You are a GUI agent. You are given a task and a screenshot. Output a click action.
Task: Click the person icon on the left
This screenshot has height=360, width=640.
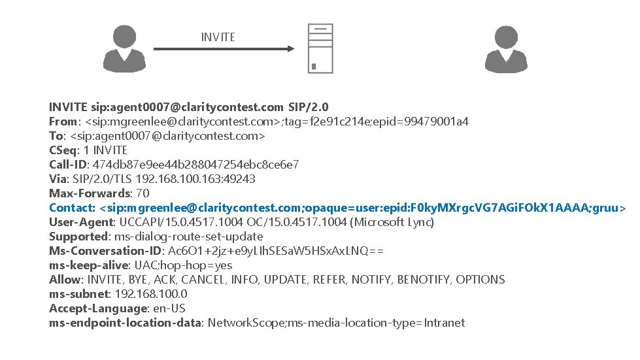tap(125, 48)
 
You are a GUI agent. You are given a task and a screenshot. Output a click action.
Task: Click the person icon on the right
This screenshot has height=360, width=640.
tap(505, 48)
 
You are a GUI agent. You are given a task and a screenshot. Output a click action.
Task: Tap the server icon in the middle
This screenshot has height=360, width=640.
tap(320, 48)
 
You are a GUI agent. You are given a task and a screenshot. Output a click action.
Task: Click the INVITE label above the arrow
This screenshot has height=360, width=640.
tap(218, 37)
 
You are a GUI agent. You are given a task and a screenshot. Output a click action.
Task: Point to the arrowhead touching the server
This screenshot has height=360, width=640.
tap(290, 48)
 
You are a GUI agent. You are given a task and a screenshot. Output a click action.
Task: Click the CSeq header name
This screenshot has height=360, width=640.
tap(63, 150)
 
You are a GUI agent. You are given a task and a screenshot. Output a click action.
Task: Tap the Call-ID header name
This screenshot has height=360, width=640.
tap(68, 165)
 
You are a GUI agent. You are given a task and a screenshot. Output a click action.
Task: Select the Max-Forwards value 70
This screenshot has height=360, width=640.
tap(143, 193)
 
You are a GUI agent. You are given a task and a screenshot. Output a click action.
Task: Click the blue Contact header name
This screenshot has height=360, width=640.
tap(72, 208)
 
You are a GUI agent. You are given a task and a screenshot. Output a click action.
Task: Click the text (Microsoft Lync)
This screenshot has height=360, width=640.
tap(392, 222)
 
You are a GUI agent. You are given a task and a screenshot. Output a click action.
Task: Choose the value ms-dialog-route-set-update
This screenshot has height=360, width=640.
tap(189, 237)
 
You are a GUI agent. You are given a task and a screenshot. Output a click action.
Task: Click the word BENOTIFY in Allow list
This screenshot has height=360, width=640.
tap(424, 280)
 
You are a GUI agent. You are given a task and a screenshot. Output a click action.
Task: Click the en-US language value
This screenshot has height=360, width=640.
tap(169, 308)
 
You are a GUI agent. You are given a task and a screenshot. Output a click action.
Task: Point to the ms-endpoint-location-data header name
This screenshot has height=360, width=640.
tap(126, 323)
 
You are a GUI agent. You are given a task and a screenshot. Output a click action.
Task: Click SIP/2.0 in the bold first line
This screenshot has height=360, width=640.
tap(308, 107)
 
